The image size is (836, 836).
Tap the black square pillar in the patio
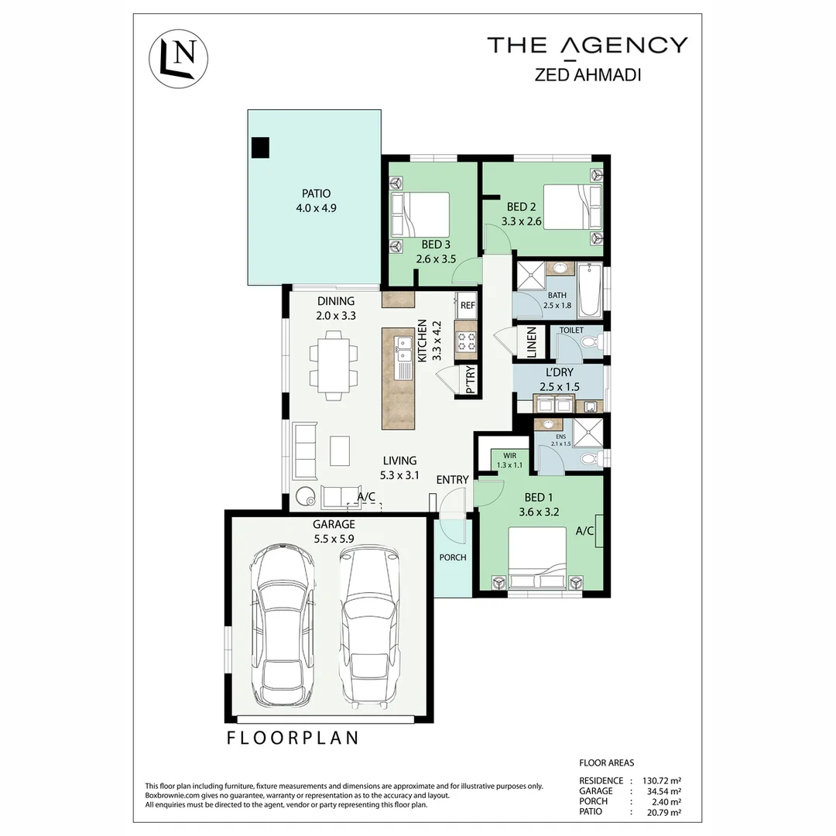click(x=261, y=147)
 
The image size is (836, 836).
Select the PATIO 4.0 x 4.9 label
click(x=317, y=200)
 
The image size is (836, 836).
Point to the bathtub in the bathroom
click(x=589, y=290)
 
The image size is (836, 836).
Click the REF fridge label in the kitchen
click(x=467, y=306)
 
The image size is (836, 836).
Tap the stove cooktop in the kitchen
click(x=466, y=341)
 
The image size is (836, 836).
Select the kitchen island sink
click(x=403, y=357)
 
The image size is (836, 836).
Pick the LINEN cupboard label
click(x=531, y=343)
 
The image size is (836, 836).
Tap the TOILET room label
click(x=571, y=331)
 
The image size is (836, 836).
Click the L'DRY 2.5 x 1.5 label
click(x=558, y=379)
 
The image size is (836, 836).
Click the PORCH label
click(x=452, y=557)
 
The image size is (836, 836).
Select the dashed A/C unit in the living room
click(x=365, y=506)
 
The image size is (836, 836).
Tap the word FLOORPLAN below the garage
click(x=293, y=738)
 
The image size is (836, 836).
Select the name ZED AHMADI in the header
click(x=587, y=76)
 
